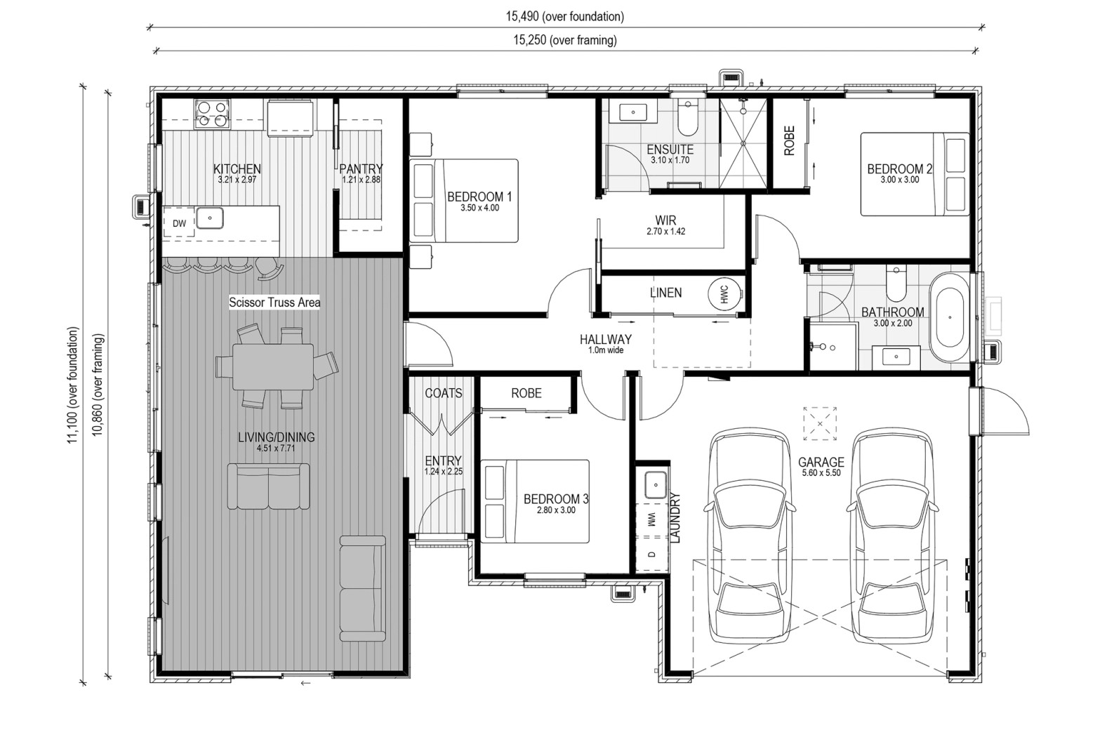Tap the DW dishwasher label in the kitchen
(x=180, y=223)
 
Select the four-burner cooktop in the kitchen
(x=212, y=114)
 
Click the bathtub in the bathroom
(x=949, y=317)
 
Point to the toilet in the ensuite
(x=688, y=119)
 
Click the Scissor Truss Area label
(x=274, y=303)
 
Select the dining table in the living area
(x=273, y=366)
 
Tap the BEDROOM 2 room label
(x=899, y=169)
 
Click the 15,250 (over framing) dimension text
(x=564, y=40)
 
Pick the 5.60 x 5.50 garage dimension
(x=821, y=473)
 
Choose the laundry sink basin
(x=655, y=485)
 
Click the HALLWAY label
(x=606, y=339)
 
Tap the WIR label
(x=666, y=220)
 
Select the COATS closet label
(x=444, y=393)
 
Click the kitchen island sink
(x=210, y=218)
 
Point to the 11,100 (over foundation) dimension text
(x=72, y=385)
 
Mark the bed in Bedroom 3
(x=535, y=501)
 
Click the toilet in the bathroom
(x=896, y=284)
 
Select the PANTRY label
(x=361, y=169)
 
